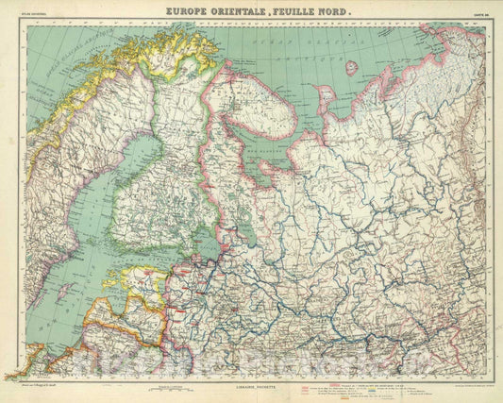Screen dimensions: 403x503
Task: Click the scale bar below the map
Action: [170, 387]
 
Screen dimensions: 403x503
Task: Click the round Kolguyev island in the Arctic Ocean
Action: [351, 68]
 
